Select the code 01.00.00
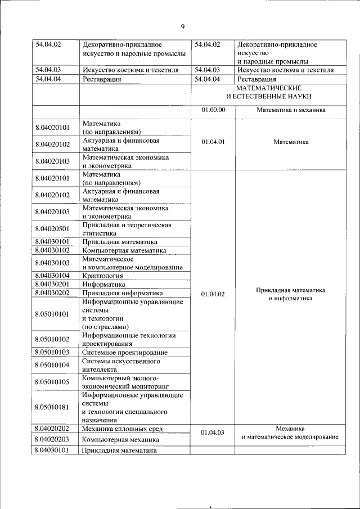213,110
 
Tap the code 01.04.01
213,142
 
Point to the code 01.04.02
213,294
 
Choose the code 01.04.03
213,433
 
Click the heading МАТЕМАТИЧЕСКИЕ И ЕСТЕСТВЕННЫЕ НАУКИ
269,93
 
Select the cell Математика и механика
291,110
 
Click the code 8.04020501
52,228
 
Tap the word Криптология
102,275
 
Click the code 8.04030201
52,284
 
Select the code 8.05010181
52,407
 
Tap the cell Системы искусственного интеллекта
113,365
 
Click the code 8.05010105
52,382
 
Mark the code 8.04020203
52,439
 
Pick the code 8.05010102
52,339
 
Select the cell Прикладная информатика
123,293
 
